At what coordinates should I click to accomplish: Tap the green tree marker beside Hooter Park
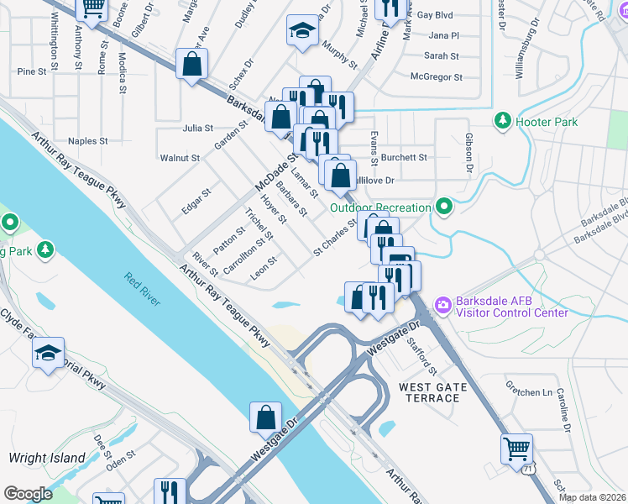(x=503, y=122)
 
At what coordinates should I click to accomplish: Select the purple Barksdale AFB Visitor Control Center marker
(x=442, y=304)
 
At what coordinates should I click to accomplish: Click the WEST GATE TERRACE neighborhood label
(x=429, y=391)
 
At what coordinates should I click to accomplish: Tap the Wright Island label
(x=47, y=458)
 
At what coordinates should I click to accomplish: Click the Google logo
(x=28, y=494)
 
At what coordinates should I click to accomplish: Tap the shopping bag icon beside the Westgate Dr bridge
(x=265, y=416)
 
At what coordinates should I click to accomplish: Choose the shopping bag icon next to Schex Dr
(x=192, y=63)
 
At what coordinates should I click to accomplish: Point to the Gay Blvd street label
(x=435, y=15)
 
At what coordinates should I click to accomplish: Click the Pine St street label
(x=31, y=72)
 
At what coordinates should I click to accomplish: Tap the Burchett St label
(x=404, y=157)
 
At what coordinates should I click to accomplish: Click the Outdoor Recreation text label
(x=380, y=207)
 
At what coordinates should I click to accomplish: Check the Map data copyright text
(x=592, y=497)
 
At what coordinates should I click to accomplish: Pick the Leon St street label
(x=263, y=270)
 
